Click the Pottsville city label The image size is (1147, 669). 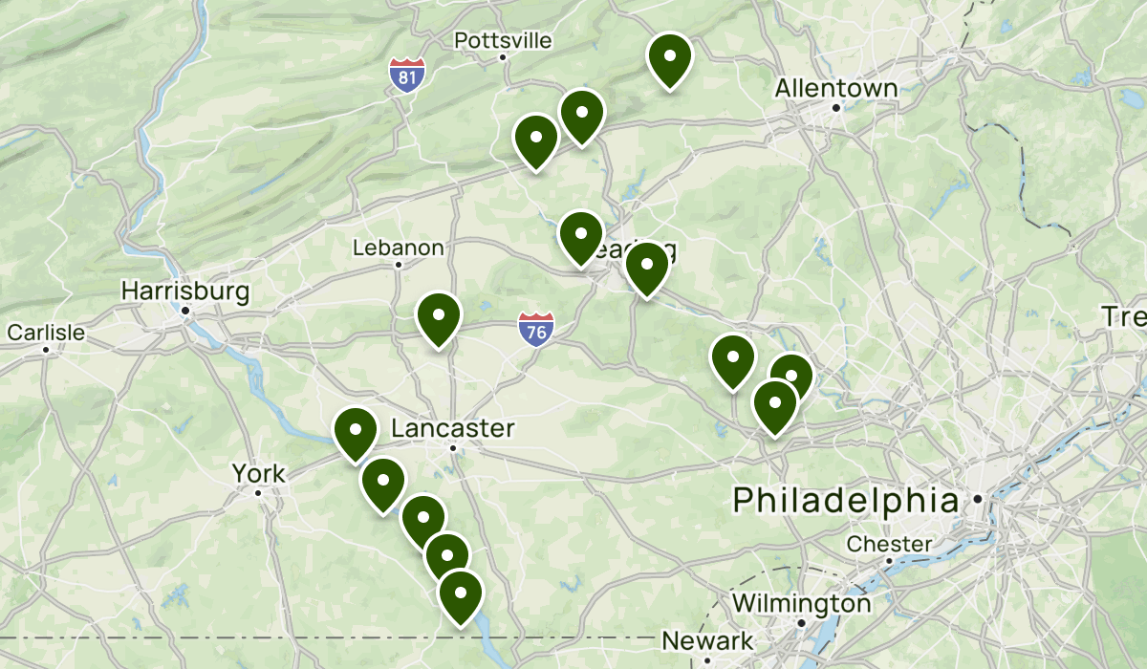pyautogui.click(x=503, y=40)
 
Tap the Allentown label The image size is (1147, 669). pyautogui.click(x=836, y=89)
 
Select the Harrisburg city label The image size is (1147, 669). pyautogui.click(x=185, y=291)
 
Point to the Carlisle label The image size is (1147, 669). pyautogui.click(x=46, y=333)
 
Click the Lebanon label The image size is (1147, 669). pyautogui.click(x=398, y=248)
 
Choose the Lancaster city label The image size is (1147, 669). pyautogui.click(x=453, y=429)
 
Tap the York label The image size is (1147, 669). pyautogui.click(x=258, y=473)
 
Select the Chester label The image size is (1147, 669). pyautogui.click(x=889, y=544)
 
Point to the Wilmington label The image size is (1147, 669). pyautogui.click(x=801, y=604)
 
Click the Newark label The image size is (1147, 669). pyautogui.click(x=707, y=640)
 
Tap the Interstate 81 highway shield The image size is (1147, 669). pyautogui.click(x=407, y=76)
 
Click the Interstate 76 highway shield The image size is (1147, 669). pyautogui.click(x=537, y=330)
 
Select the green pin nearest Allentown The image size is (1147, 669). pyautogui.click(x=670, y=60)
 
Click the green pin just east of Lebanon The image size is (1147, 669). pyautogui.click(x=439, y=319)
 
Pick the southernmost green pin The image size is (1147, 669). pyautogui.click(x=460, y=596)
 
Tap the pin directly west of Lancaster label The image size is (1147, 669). pyautogui.click(x=355, y=433)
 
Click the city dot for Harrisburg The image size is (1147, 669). pyautogui.click(x=186, y=311)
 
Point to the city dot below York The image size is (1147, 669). pyautogui.click(x=258, y=493)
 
